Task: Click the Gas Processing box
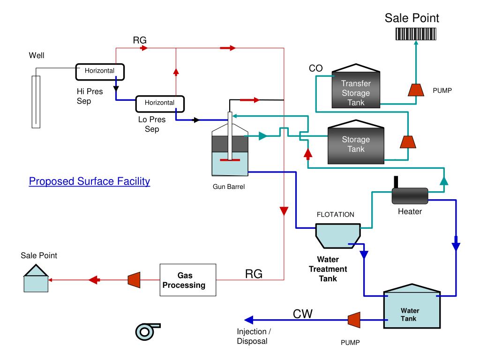[187, 280]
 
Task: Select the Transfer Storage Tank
[356, 86]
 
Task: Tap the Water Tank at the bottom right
[412, 306]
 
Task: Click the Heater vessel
[410, 195]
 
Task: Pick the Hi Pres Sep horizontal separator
[100, 72]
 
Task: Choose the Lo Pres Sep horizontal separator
[160, 104]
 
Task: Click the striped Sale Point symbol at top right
[416, 34]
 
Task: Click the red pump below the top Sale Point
[416, 90]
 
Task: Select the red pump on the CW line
[354, 320]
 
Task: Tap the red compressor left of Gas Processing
[134, 280]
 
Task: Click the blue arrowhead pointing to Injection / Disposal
[249, 320]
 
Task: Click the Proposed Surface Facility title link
[90, 181]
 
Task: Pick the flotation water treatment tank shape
[338, 236]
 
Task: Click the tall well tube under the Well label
[36, 102]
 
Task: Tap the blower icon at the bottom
[146, 331]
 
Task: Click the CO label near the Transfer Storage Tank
[315, 68]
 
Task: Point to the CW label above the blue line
[302, 314]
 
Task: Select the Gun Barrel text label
[229, 187]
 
